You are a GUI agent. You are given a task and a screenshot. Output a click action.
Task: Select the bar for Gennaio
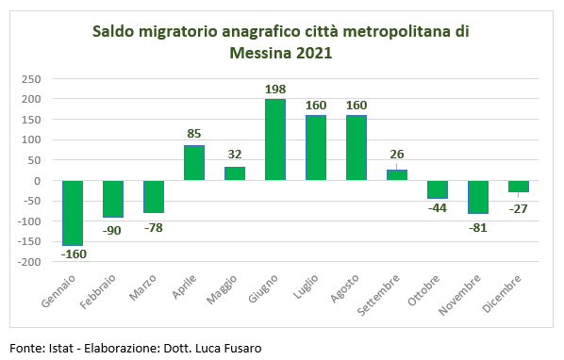click(73, 212)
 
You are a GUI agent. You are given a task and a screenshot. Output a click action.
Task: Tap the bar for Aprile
click(194, 163)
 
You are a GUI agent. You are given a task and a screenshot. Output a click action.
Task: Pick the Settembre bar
click(397, 175)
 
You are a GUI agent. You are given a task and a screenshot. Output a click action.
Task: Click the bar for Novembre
click(478, 197)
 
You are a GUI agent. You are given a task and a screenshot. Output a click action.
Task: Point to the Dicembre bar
click(519, 187)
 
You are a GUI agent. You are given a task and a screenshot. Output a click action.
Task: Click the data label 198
click(275, 89)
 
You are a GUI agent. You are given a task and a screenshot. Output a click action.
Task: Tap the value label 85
click(194, 135)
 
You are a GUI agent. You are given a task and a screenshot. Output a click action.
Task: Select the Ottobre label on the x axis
click(423, 291)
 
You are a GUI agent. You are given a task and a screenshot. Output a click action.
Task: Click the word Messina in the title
click(260, 53)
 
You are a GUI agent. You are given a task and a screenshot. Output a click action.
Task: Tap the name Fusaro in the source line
click(240, 348)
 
